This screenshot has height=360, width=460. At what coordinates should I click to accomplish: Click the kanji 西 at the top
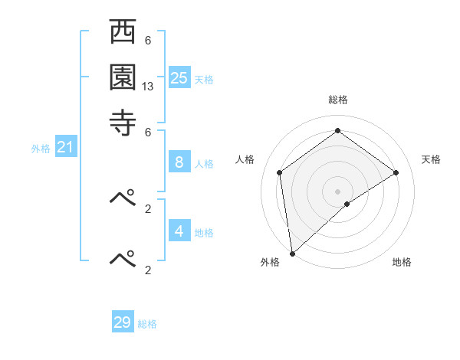(123, 33)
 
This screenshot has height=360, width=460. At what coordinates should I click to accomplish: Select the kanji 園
(123, 77)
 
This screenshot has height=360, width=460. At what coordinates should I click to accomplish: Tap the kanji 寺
(123, 121)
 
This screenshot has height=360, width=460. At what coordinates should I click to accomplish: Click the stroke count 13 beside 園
(148, 87)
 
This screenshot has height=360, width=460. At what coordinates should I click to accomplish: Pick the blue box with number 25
(179, 77)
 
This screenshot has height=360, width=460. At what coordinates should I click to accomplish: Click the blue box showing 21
(65, 147)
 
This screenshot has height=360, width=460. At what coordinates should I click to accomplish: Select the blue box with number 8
(179, 162)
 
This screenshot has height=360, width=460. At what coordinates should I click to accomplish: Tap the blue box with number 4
(179, 231)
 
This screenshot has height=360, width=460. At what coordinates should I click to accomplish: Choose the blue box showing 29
(123, 322)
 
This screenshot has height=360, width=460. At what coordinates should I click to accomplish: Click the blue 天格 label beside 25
(204, 79)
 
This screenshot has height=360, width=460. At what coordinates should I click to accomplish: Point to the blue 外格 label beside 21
(40, 149)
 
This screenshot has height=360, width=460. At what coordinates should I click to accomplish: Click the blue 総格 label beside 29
(147, 324)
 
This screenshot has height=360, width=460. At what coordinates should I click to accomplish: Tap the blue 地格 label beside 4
(204, 232)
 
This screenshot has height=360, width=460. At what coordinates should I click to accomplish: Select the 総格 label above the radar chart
(337, 100)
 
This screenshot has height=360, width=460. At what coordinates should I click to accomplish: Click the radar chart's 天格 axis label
(431, 159)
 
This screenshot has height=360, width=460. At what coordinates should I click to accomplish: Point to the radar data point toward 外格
(292, 253)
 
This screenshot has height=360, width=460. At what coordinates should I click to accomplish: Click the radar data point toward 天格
(396, 172)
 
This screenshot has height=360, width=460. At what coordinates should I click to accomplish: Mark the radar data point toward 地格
(347, 204)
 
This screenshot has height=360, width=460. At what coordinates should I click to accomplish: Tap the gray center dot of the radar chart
(337, 191)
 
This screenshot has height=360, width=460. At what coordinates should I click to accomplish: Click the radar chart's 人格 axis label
(245, 159)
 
